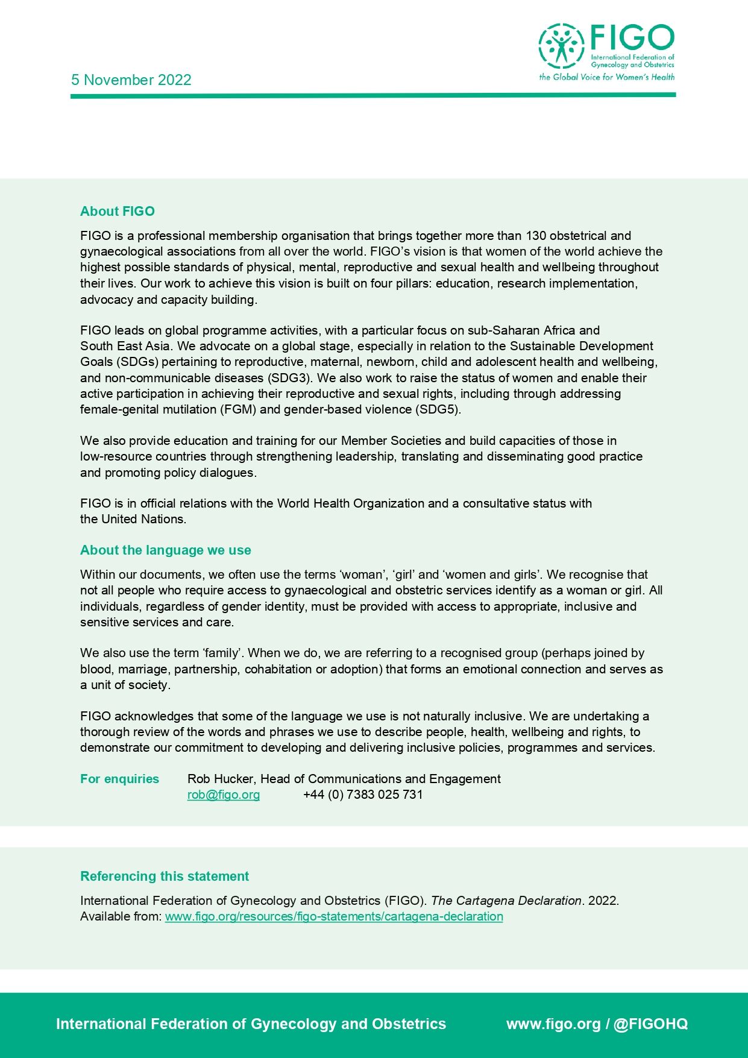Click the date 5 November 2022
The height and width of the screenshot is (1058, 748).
tap(131, 80)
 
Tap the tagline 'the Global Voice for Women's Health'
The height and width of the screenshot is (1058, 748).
tap(606, 77)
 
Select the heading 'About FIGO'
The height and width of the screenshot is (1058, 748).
tap(118, 211)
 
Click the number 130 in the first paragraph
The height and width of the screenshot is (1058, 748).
tap(536, 236)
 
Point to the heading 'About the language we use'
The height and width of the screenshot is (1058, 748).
tap(165, 550)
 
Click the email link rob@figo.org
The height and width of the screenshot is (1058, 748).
tap(224, 795)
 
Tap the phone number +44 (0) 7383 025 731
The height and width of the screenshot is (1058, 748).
tap(363, 795)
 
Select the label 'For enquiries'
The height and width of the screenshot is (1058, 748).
tap(119, 779)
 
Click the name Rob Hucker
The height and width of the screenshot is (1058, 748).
tap(220, 779)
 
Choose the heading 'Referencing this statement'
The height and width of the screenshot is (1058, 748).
tap(164, 876)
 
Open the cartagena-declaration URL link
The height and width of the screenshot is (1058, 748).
tap(334, 916)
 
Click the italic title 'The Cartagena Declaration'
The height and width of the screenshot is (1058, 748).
tap(506, 901)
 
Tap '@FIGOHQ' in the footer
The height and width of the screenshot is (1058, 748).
tap(650, 1024)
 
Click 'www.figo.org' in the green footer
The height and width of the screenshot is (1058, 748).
tap(553, 1024)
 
